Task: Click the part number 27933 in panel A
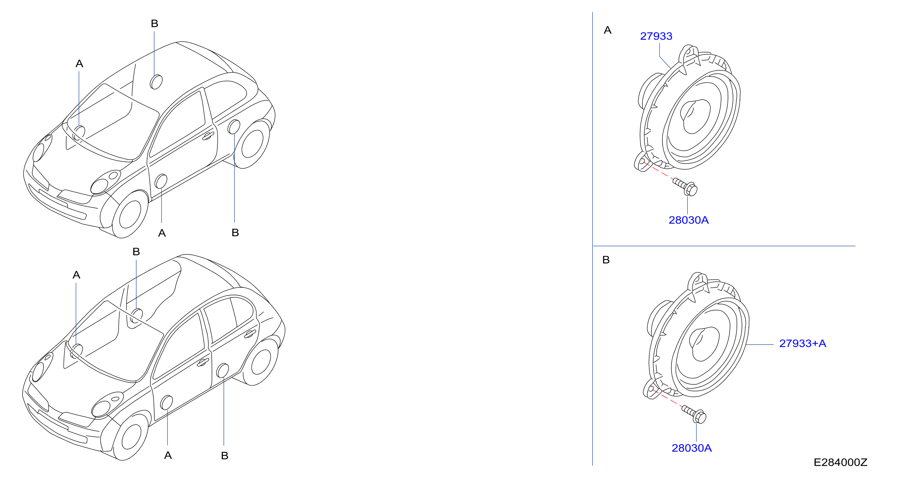656,36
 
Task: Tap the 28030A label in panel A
688,220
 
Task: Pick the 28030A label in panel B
692,448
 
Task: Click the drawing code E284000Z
840,462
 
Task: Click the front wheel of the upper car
130,214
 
